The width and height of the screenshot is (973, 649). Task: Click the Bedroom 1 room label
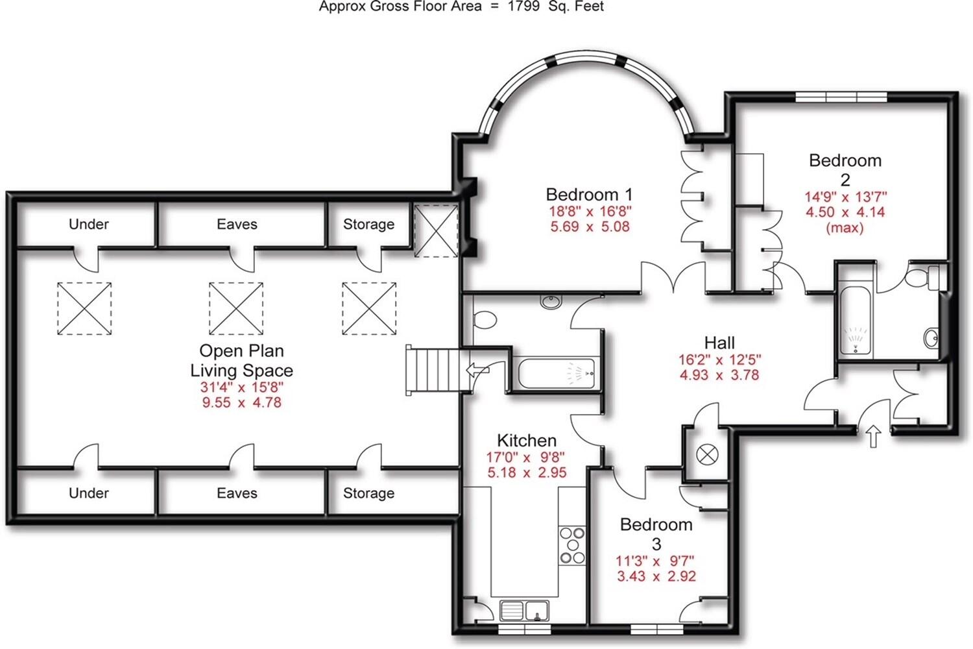pyautogui.click(x=589, y=194)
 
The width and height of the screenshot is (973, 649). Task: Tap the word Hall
pyautogui.click(x=719, y=343)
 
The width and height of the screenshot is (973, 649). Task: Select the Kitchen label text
pyautogui.click(x=526, y=441)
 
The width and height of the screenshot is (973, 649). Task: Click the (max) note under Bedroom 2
pyautogui.click(x=845, y=228)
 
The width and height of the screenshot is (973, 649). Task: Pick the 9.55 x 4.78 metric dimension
pyautogui.click(x=241, y=402)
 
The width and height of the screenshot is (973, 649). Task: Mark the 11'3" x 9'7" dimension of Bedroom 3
pyautogui.click(x=655, y=561)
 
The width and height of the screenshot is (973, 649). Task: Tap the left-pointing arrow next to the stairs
pyautogui.click(x=477, y=371)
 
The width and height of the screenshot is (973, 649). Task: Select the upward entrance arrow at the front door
pyautogui.click(x=873, y=435)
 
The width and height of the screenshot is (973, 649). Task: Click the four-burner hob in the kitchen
pyautogui.click(x=572, y=545)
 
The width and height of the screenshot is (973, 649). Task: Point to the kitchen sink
pyautogui.click(x=525, y=611)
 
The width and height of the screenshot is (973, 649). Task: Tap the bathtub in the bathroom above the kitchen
pyautogui.click(x=557, y=373)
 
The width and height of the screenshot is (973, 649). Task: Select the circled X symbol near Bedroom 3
pyautogui.click(x=707, y=454)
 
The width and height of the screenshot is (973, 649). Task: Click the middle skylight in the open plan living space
pyautogui.click(x=236, y=308)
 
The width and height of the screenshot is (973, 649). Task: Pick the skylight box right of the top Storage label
pyautogui.click(x=436, y=230)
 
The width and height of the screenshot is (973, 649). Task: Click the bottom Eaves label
pyautogui.click(x=237, y=493)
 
